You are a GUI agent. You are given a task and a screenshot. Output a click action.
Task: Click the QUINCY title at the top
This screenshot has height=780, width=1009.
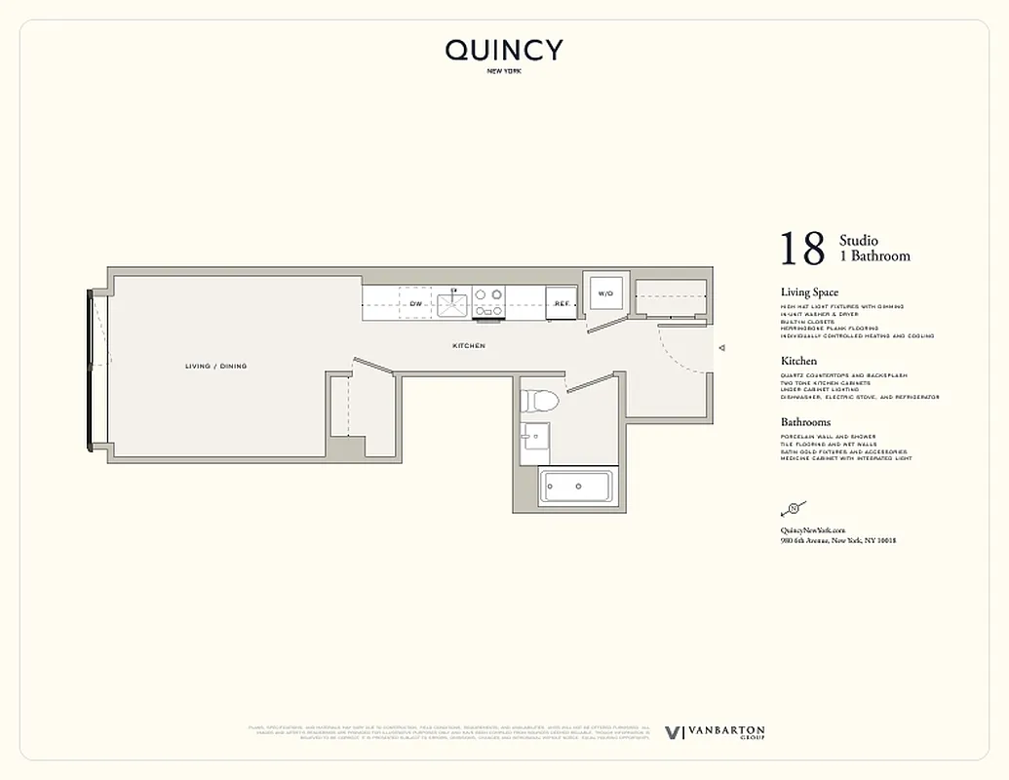tap(504, 50)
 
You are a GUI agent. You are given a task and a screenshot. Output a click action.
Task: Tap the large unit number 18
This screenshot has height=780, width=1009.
tap(802, 250)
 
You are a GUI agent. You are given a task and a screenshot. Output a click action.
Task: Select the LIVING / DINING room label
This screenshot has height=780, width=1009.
tap(215, 367)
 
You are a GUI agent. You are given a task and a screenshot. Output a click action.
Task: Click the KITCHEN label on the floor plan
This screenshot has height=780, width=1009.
tap(469, 346)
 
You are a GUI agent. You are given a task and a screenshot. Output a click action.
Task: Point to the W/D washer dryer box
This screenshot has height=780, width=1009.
tap(604, 292)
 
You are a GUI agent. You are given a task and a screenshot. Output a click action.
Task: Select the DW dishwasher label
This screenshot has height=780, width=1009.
tap(415, 304)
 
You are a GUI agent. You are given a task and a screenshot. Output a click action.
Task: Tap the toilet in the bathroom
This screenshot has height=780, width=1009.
tap(538, 401)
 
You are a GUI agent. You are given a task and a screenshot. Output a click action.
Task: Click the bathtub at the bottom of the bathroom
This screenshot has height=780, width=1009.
tap(576, 486)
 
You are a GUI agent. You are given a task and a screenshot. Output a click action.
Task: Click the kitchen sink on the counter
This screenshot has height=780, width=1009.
tap(453, 303)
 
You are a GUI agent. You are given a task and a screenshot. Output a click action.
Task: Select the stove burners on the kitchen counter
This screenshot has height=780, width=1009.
tap(488, 301)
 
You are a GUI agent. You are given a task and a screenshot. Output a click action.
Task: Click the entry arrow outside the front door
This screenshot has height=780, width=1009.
tap(721, 347)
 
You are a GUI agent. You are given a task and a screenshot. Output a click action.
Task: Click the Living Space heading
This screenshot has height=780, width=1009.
tap(809, 292)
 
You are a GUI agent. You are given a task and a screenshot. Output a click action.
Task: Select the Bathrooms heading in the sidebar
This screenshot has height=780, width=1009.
tap(805, 422)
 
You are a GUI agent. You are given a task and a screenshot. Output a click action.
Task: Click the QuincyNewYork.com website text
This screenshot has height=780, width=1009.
tap(813, 529)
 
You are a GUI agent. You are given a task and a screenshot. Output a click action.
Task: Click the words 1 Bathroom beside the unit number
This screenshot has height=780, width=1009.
tap(874, 256)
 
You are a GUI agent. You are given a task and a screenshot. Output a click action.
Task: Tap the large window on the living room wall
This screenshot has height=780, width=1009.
tap(91, 368)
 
